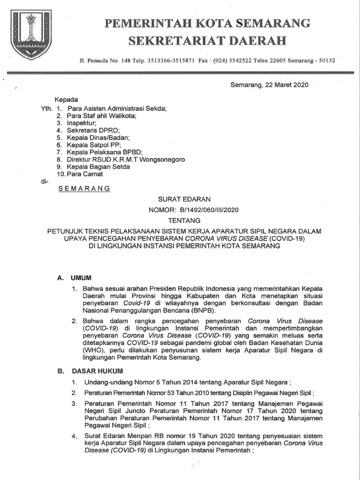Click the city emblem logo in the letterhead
[31, 35]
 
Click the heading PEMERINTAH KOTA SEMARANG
[207, 23]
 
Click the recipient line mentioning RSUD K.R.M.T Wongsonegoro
[126, 160]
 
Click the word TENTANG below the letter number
[184, 220]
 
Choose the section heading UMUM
[80, 278]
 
